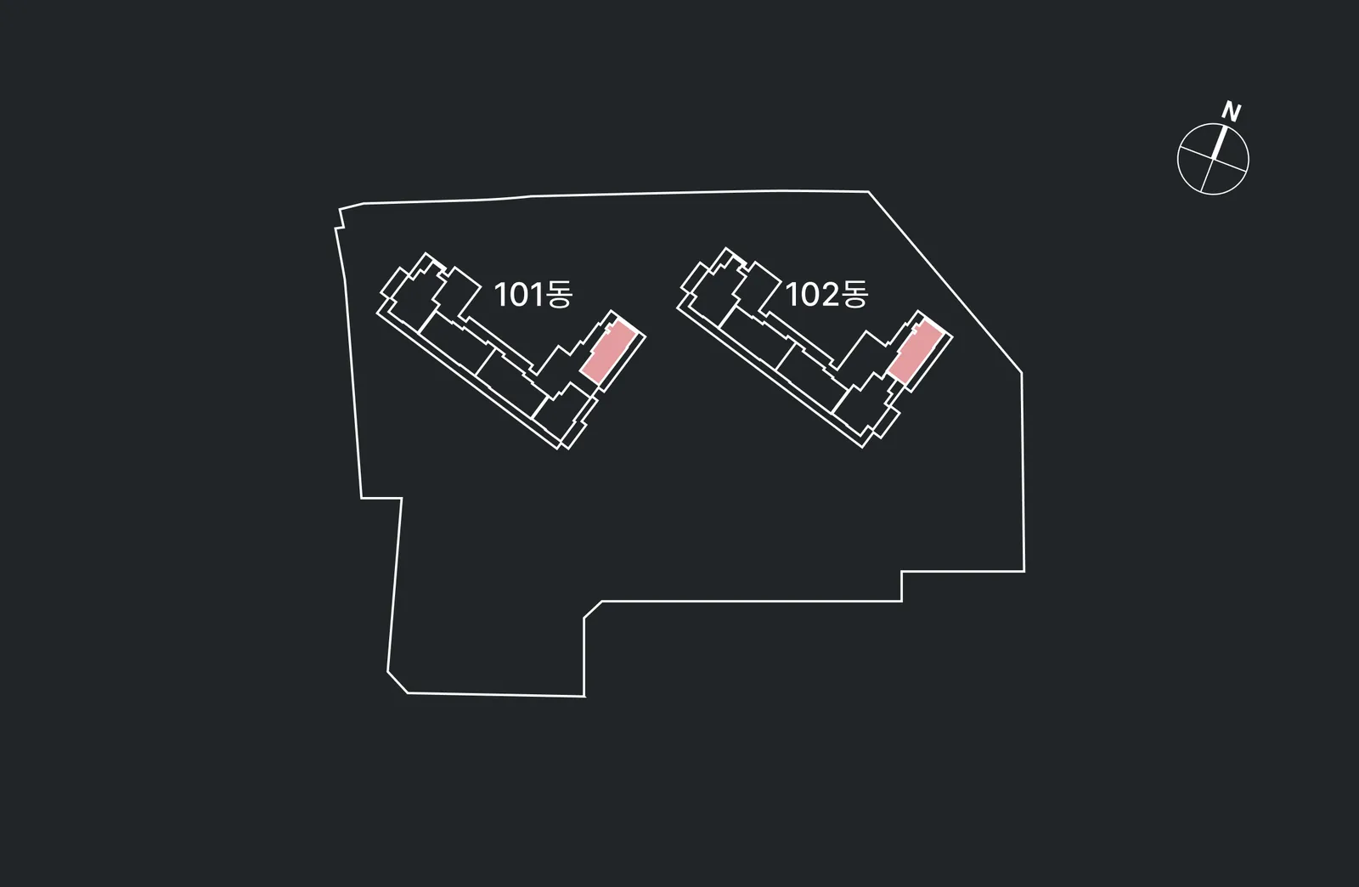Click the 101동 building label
coord(533,294)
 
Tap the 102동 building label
coord(827,294)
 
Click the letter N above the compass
coord(1232,111)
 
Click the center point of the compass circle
coord(1214,159)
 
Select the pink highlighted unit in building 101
coord(608,353)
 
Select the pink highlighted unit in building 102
coord(915,353)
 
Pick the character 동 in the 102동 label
coord(855,294)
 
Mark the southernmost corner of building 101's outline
coord(568,449)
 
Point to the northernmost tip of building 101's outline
coord(426,252)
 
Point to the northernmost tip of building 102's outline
coord(725,247)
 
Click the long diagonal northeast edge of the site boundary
coord(945,282)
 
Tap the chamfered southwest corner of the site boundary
coord(398,682)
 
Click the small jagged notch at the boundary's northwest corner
coord(340,220)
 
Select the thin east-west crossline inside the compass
coord(1214,159)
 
